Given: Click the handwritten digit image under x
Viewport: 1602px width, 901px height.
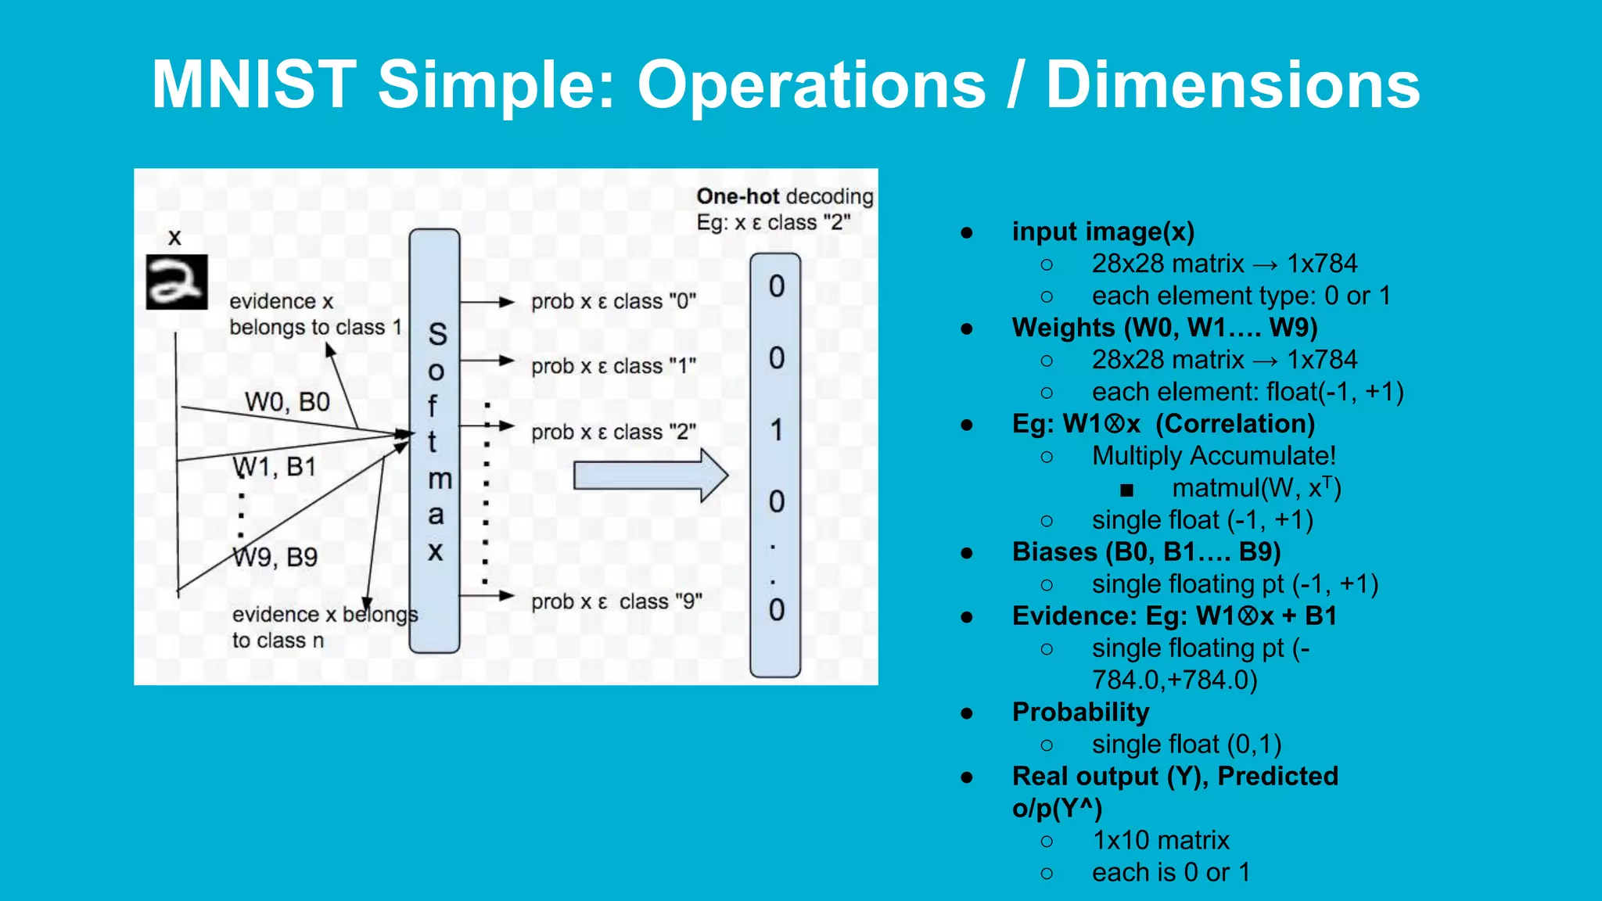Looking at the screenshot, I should coord(177,282).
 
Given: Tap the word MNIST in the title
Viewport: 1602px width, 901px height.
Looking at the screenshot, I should coord(253,84).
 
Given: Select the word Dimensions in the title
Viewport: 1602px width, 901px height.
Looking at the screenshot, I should coord(1233,84).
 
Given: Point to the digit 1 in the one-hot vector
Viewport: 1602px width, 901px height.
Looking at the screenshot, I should coord(776,430).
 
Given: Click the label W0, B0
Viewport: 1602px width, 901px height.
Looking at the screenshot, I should coord(287,402).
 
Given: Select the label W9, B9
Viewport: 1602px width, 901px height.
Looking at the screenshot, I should coord(275,557).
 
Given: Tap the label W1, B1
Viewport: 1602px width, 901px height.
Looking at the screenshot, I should coord(275,467).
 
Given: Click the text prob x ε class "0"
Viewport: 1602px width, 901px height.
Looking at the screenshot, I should coord(613,302).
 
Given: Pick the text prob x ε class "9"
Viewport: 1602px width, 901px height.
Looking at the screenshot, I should coord(616,601).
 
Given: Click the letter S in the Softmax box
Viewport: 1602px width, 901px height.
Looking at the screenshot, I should coord(437,335).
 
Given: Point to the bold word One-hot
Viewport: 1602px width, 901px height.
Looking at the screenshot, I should coord(738,196).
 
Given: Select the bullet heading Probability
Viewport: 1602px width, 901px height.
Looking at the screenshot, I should coord(1080,712).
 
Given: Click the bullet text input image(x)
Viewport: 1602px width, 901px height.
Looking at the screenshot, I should coord(1103,232).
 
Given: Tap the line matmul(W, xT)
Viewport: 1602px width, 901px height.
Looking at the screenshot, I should coord(1256,488).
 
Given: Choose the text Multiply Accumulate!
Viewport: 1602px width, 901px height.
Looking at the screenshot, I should coord(1214,455).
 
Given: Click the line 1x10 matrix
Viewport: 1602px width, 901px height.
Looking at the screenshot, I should coord(1161,840).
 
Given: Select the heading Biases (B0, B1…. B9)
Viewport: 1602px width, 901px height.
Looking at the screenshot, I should coord(1146,551).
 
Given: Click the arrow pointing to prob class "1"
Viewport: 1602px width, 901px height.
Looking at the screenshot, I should coord(487,361).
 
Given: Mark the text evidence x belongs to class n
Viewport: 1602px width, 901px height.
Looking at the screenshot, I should coord(324,627).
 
